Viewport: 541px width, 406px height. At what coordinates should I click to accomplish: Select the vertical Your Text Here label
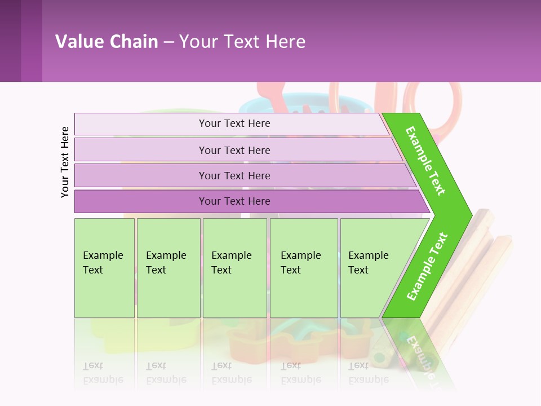[65, 162]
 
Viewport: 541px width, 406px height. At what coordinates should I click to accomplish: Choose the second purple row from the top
[234, 150]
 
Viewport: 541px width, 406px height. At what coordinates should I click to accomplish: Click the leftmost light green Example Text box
[104, 268]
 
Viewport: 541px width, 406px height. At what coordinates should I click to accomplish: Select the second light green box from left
[168, 268]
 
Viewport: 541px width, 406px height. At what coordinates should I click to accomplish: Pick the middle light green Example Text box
[234, 268]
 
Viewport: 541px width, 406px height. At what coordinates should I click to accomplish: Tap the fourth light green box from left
[304, 268]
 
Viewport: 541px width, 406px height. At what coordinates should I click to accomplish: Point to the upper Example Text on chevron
[425, 161]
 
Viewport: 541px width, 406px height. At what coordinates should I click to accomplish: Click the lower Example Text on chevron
[427, 267]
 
